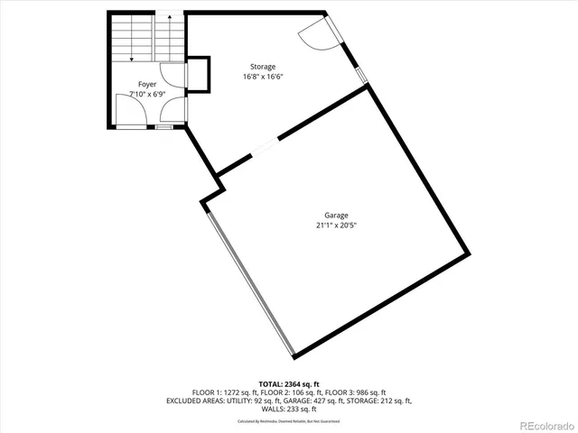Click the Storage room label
(264, 67)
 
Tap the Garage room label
(337, 215)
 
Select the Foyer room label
(147, 84)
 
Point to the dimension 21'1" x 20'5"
(337, 226)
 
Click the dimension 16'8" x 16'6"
(264, 78)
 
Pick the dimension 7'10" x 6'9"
(147, 94)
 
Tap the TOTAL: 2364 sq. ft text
(289, 384)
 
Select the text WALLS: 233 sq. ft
(289, 409)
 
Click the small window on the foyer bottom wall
(163, 127)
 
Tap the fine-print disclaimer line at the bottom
(289, 421)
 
